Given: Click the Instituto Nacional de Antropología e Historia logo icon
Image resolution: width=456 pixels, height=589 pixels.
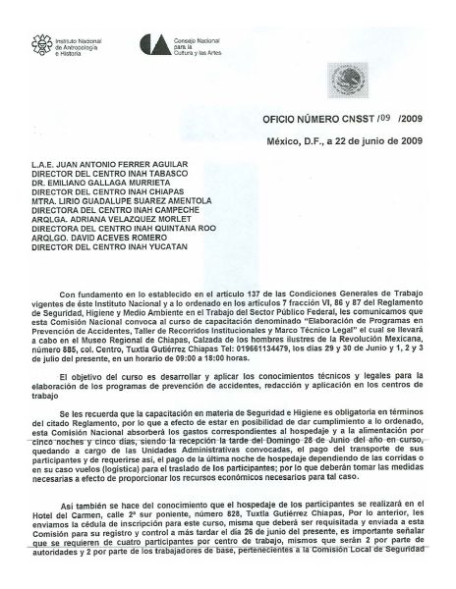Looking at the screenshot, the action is tap(40, 44).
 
